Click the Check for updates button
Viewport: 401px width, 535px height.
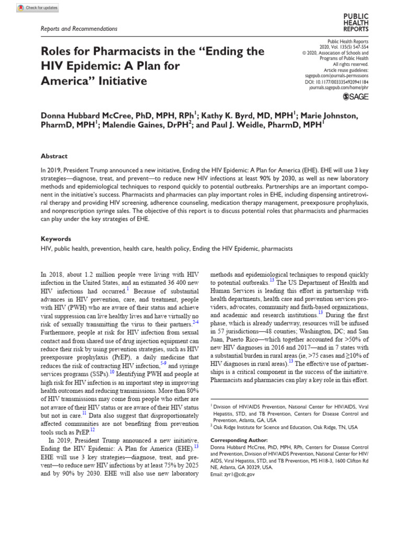pyautogui.click(x=37, y=8)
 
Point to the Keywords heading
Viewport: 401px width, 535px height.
pyautogui.click(x=56, y=239)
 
